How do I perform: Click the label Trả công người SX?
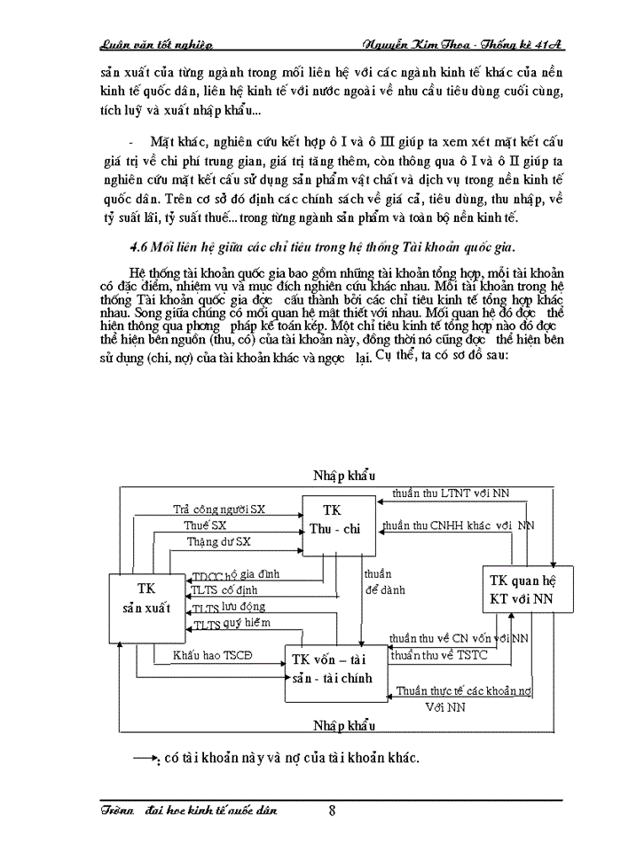coord(220,509)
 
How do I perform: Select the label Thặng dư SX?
coord(218,540)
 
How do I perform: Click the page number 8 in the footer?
coord(332,809)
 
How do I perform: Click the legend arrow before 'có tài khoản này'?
coord(145,758)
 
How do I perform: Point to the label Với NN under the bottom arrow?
coord(444,706)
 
